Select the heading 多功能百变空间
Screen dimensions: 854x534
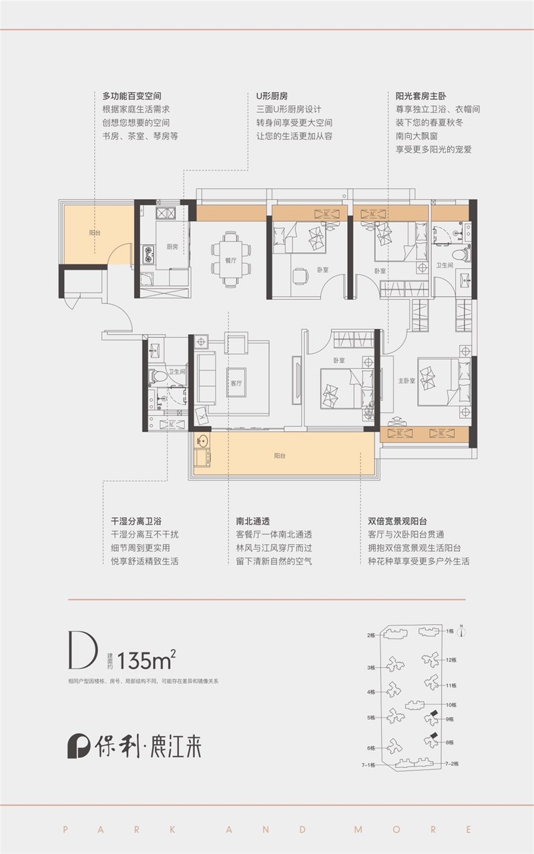pos(132,96)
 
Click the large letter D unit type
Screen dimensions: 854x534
pos(83,650)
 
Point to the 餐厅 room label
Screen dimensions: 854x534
pos(231,261)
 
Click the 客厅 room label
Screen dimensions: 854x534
pos(236,384)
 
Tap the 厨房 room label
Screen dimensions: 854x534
pos(172,247)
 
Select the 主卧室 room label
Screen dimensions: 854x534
pos(407,381)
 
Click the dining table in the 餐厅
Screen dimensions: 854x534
pos(231,259)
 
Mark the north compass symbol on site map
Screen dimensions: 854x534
pos(461,630)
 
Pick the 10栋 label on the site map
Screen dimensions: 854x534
pos(451,705)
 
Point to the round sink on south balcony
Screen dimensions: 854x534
pos(202,441)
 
